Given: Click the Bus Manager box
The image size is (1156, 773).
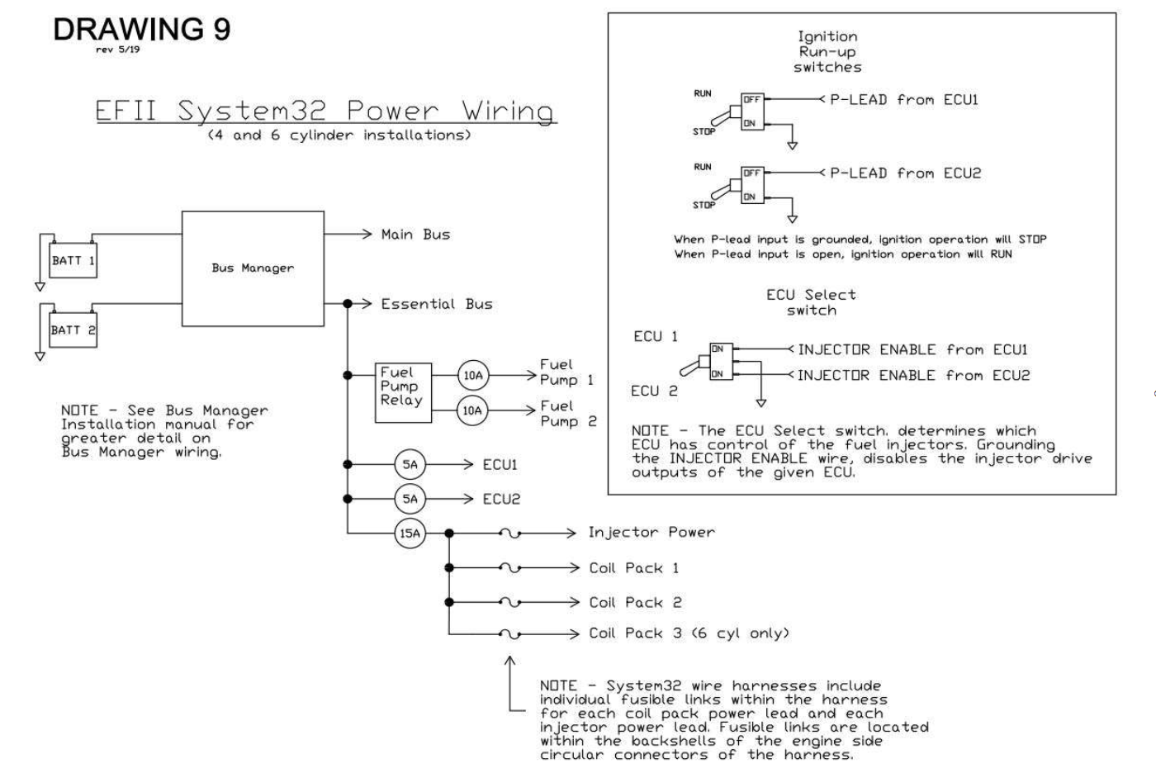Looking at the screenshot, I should click(252, 268).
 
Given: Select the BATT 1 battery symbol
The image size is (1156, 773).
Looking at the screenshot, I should click(73, 260).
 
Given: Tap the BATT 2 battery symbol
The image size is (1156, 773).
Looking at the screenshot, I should click(73, 330).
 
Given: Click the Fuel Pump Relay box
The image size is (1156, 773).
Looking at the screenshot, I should click(402, 392).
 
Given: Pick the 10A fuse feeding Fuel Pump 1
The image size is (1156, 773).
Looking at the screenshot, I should click(471, 376).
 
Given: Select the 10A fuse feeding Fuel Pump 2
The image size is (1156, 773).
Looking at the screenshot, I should click(471, 410).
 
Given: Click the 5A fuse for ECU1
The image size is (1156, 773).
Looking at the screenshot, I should click(410, 465).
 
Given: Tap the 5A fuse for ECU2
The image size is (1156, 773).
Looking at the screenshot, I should click(410, 499).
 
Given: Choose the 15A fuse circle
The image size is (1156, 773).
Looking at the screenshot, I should click(410, 534).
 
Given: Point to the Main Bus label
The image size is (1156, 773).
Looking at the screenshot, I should click(415, 235).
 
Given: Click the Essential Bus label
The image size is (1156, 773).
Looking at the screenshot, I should click(436, 304).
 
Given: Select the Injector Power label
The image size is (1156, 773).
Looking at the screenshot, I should click(651, 533).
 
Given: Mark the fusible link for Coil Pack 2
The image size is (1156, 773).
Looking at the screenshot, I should click(510, 603).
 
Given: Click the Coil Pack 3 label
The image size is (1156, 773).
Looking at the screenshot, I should click(689, 633).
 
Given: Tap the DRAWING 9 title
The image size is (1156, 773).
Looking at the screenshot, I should click(142, 29).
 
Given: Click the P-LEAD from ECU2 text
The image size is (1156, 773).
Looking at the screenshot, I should click(905, 173).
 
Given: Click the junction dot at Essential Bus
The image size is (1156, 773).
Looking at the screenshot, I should click(348, 304).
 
